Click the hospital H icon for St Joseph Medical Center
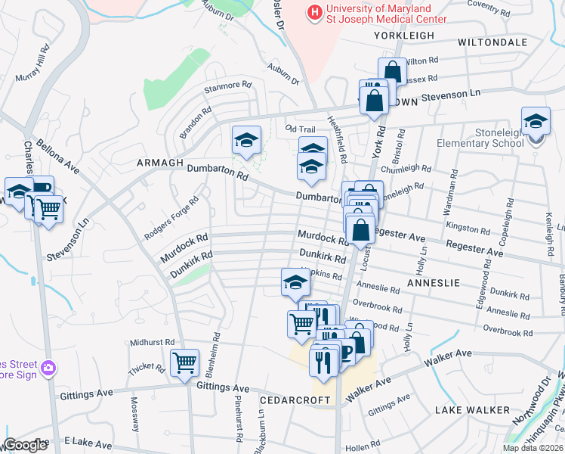[313, 12]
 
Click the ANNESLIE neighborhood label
[433, 282]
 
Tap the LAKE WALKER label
[472, 410]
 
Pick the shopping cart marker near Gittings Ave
[184, 362]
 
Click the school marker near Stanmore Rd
[246, 140]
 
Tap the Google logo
[25, 445]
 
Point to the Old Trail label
[300, 129]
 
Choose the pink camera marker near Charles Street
[49, 368]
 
